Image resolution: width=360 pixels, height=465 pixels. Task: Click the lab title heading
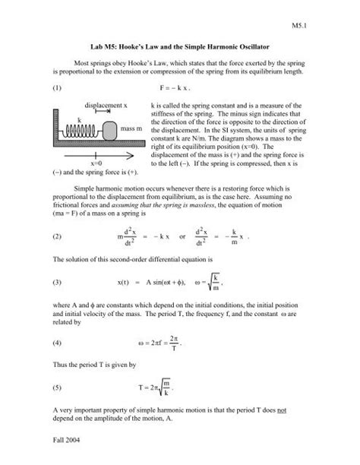[180, 47]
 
